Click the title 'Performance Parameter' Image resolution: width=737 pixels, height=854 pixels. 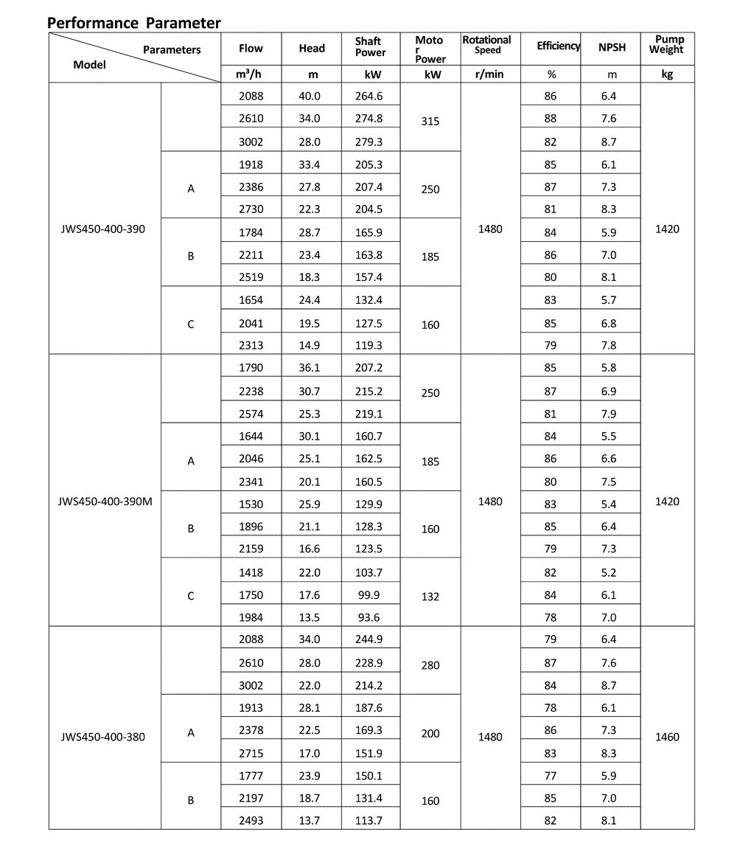pyautogui.click(x=134, y=22)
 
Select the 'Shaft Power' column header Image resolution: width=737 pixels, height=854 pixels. pyautogui.click(x=370, y=48)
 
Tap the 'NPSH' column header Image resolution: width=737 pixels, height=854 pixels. pyautogui.click(x=612, y=48)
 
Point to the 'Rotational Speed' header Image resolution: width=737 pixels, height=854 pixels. pyautogui.click(x=486, y=45)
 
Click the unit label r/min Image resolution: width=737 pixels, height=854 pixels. pyautogui.click(x=486, y=74)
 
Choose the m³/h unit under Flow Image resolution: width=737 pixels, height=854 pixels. pyautogui.click(x=251, y=74)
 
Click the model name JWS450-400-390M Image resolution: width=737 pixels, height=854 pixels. pyautogui.click(x=105, y=501)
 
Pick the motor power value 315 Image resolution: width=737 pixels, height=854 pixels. pyautogui.click(x=430, y=121)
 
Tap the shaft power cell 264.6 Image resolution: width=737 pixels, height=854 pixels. pyautogui.click(x=370, y=96)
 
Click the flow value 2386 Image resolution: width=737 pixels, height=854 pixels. pyautogui.click(x=251, y=187)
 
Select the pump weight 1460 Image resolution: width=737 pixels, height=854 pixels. pyautogui.click(x=667, y=737)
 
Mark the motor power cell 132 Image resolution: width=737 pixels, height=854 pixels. pyautogui.click(x=430, y=597)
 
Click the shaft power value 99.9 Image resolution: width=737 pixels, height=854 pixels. pyautogui.click(x=370, y=595)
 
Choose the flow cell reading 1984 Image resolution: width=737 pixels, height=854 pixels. pyautogui.click(x=251, y=618)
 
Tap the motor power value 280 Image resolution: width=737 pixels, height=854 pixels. pyautogui.click(x=430, y=665)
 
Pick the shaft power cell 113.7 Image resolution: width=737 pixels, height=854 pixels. pyautogui.click(x=370, y=821)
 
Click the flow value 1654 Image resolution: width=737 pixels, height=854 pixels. pyautogui.click(x=251, y=300)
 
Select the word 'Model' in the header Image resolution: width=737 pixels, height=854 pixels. pyautogui.click(x=90, y=65)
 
